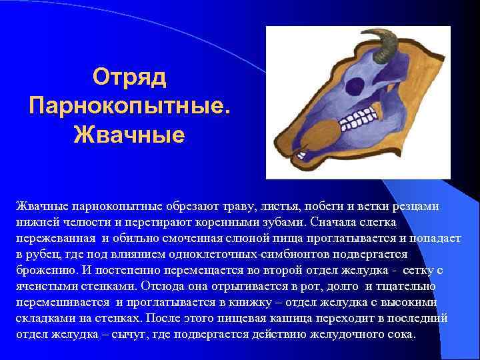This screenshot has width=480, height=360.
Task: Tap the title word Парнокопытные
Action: [x=130, y=105]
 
